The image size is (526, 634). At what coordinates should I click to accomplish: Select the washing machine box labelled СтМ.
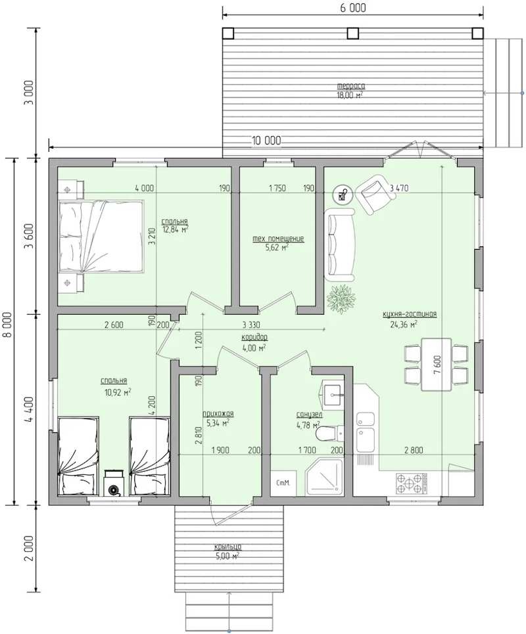click(283, 483)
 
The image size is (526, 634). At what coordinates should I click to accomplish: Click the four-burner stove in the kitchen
click(412, 483)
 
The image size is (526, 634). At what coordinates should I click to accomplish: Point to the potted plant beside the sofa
click(341, 299)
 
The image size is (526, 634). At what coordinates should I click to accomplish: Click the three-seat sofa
click(339, 244)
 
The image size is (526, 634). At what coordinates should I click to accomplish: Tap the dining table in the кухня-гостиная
click(437, 364)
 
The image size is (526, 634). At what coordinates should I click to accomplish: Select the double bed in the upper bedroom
click(101, 237)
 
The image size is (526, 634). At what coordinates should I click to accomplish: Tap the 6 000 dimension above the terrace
click(352, 8)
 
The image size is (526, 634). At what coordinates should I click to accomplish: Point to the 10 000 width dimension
click(266, 141)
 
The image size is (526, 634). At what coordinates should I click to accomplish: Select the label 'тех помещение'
click(278, 239)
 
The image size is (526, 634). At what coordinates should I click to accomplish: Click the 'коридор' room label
click(254, 337)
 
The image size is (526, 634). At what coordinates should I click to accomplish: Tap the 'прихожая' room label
click(218, 414)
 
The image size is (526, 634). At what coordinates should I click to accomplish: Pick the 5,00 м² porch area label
click(227, 556)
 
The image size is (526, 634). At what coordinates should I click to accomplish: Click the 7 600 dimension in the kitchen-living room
click(437, 364)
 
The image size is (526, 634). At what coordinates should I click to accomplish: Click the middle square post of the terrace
click(353, 33)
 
